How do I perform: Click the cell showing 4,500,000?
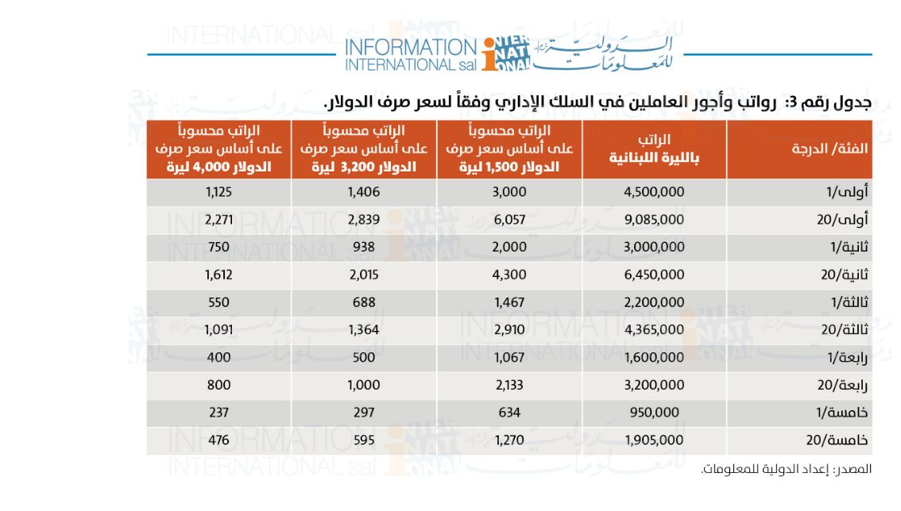[x=654, y=192]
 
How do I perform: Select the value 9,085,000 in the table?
[x=654, y=219]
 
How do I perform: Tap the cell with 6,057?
[x=509, y=219]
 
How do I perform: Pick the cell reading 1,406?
[x=364, y=192]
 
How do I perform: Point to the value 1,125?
[x=218, y=192]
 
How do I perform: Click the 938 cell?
[x=364, y=247]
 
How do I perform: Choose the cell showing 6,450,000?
[x=654, y=275]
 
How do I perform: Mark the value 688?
[x=364, y=302]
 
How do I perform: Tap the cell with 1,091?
[x=218, y=329]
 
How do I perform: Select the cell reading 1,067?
[x=509, y=357]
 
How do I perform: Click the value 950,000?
[x=654, y=413]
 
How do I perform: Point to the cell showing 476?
[x=218, y=440]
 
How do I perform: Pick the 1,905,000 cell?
[x=654, y=440]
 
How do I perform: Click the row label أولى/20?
[x=842, y=219]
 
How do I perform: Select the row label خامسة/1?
[x=842, y=413]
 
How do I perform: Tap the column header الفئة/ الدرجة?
[x=829, y=148]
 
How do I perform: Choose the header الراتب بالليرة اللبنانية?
[x=654, y=148]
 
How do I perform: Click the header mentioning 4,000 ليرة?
[x=218, y=148]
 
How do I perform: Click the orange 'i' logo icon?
[x=489, y=55]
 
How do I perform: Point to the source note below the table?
[x=786, y=469]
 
